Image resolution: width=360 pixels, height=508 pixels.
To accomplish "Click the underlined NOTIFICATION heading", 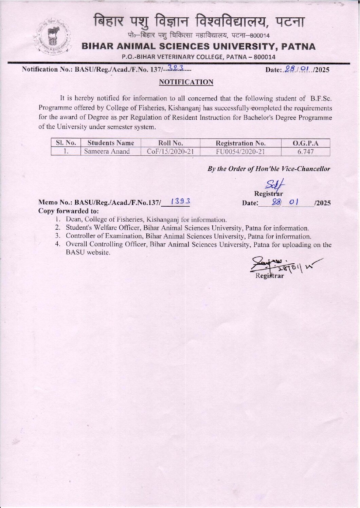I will click(186, 82).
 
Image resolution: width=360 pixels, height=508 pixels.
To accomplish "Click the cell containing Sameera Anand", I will click(107, 151).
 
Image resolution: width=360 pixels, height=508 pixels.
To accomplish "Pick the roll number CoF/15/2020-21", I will click(170, 151).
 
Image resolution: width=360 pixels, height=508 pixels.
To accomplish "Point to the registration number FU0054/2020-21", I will click(240, 151).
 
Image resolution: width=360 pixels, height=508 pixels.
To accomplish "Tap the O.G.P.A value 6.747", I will click(306, 152).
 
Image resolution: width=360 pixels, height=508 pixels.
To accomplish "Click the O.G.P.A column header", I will click(306, 143).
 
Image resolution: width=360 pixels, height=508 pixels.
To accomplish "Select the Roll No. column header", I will click(170, 143).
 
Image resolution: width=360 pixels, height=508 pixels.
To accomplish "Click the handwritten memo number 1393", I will click(181, 202).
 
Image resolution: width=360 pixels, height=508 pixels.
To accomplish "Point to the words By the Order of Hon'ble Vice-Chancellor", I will click(269, 169).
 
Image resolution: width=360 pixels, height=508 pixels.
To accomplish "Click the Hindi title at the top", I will click(199, 22).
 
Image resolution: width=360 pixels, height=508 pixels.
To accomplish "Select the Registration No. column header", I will click(240, 143).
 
